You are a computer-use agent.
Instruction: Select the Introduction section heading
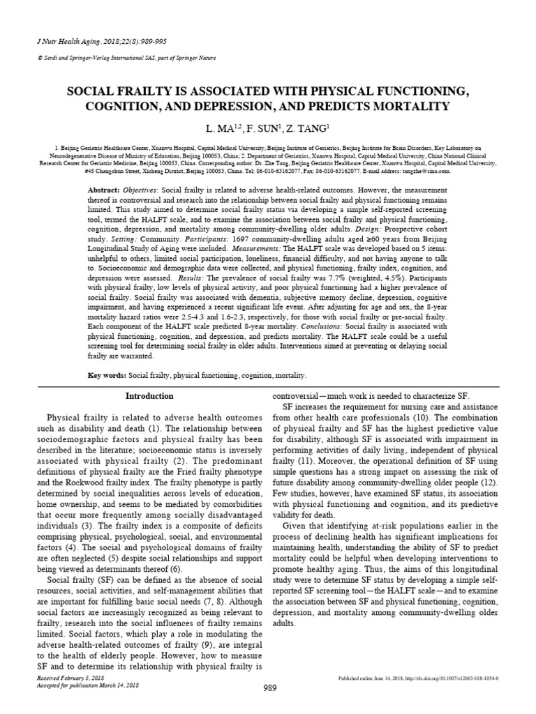[x=149, y=396]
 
